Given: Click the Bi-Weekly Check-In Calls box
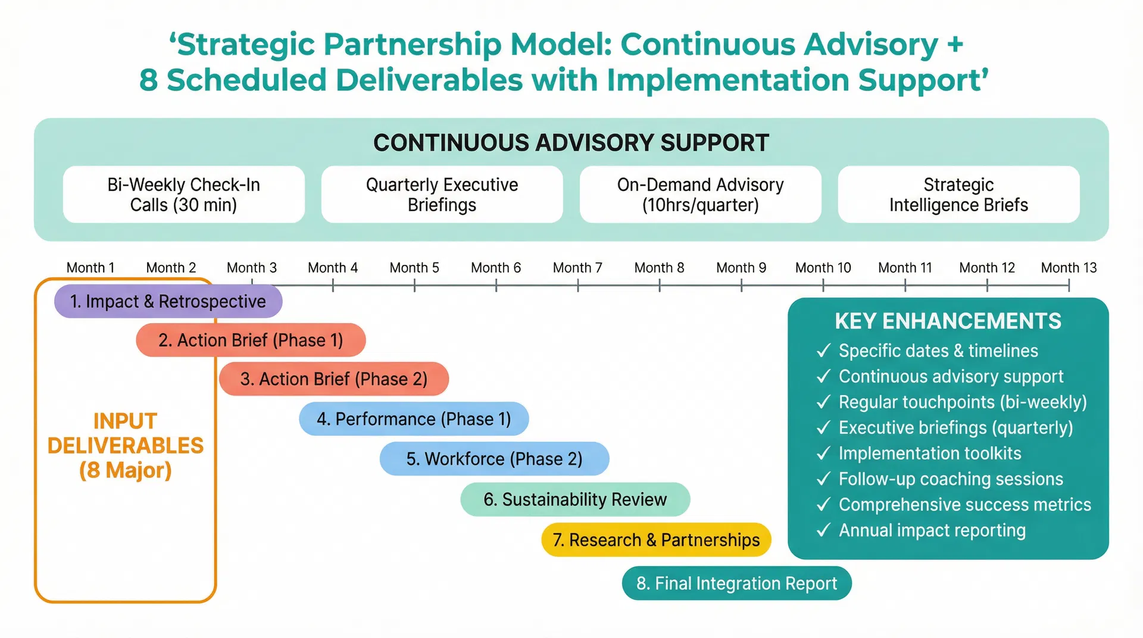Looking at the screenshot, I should click(x=183, y=195).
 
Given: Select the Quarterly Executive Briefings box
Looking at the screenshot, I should click(x=442, y=195).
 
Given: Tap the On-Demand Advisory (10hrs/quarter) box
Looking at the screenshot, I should click(x=700, y=195).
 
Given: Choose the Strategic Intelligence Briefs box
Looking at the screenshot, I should click(x=958, y=195).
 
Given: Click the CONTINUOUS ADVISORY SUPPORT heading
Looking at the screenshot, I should click(x=571, y=143).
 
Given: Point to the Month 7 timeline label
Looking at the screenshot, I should click(x=577, y=268).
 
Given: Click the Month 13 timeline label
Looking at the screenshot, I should click(x=1069, y=268).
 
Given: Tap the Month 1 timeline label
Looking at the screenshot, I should click(x=90, y=268).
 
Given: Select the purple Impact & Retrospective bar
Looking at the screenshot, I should click(x=168, y=301).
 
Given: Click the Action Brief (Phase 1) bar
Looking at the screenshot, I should click(x=251, y=340).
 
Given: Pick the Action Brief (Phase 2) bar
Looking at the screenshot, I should click(x=333, y=379).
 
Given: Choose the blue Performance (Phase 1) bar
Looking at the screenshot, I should click(x=414, y=419).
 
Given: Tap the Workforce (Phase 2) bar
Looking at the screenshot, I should click(x=494, y=459).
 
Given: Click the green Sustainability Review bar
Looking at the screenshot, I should click(x=575, y=499).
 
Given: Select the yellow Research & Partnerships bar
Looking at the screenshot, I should click(x=656, y=540).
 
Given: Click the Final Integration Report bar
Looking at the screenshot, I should click(x=736, y=583).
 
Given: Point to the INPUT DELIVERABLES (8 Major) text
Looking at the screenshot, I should click(x=125, y=445).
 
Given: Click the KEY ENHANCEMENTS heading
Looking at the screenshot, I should click(x=948, y=321).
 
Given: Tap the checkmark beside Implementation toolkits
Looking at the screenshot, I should click(x=823, y=454).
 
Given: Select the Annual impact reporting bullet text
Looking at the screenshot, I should click(x=932, y=530).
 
